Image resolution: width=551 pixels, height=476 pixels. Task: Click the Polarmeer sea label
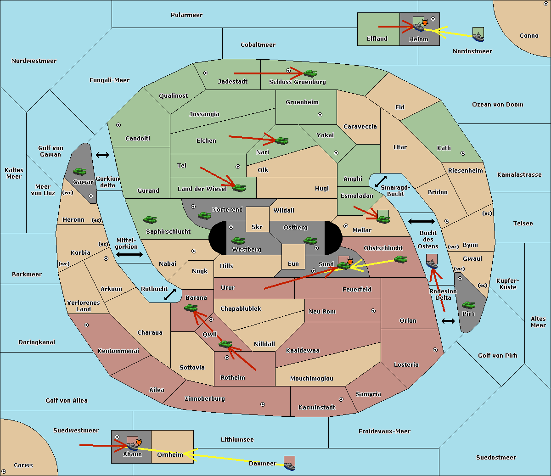[x=186, y=15]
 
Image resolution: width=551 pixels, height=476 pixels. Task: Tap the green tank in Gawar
[x=80, y=172]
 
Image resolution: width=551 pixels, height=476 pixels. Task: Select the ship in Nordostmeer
[x=478, y=37]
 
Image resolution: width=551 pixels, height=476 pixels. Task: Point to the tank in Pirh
[x=468, y=305]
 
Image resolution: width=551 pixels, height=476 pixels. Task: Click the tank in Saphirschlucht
[x=150, y=220]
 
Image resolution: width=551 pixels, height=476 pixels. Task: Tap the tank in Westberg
[x=238, y=241]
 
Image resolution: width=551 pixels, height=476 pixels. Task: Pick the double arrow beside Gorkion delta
[x=102, y=155]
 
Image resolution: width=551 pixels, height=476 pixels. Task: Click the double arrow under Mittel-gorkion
[x=129, y=255]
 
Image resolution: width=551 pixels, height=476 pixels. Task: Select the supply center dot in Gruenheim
[x=320, y=115]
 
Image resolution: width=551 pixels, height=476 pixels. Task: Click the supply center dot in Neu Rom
[x=373, y=311]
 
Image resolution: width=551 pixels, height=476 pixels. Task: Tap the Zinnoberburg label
[x=205, y=399]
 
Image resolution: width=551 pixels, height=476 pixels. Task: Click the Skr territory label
[x=257, y=227]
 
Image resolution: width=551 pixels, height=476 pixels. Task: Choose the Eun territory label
[x=293, y=264]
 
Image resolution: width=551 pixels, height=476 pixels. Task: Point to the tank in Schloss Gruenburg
[x=310, y=73]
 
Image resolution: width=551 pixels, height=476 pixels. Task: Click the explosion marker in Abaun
[x=139, y=442]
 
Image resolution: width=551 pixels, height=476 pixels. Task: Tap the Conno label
[x=529, y=36]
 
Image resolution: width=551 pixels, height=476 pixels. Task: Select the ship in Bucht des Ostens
[x=432, y=264]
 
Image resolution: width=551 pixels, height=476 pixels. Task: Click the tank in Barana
[x=191, y=308]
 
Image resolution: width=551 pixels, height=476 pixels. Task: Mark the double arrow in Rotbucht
[x=170, y=295]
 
